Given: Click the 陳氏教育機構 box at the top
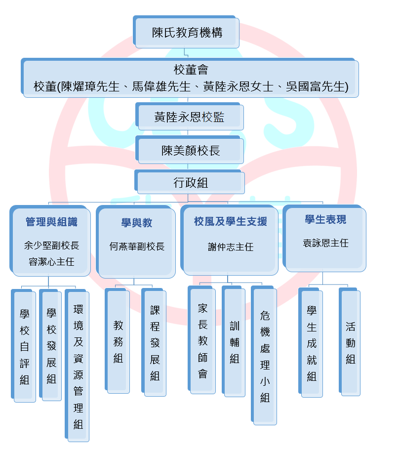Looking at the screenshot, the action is click(x=186, y=32).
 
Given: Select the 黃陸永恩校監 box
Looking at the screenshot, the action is click(x=190, y=117).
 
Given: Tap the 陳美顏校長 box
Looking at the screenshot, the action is click(x=190, y=150).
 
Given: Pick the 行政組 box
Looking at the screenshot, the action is click(x=190, y=182).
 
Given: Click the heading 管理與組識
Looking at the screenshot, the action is click(x=51, y=222).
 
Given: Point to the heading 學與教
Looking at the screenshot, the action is click(x=137, y=223).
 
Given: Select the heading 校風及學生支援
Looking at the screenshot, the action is click(x=231, y=221).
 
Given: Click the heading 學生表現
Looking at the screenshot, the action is click(x=326, y=220).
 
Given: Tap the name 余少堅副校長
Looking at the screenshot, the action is click(x=51, y=246).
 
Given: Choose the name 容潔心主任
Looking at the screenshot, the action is click(x=51, y=262).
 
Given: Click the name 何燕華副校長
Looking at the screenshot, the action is click(x=137, y=246).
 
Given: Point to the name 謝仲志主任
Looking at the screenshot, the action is click(x=231, y=247).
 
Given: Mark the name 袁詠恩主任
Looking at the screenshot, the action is click(x=326, y=243).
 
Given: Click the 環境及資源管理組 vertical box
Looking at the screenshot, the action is click(x=77, y=366).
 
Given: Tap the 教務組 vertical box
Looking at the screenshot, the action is click(x=118, y=341).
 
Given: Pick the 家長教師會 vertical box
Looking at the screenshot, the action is click(x=202, y=340).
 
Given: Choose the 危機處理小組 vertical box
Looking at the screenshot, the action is click(x=264, y=356).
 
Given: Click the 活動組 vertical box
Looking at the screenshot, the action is click(x=350, y=342).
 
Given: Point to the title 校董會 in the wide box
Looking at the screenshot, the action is click(x=191, y=70).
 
